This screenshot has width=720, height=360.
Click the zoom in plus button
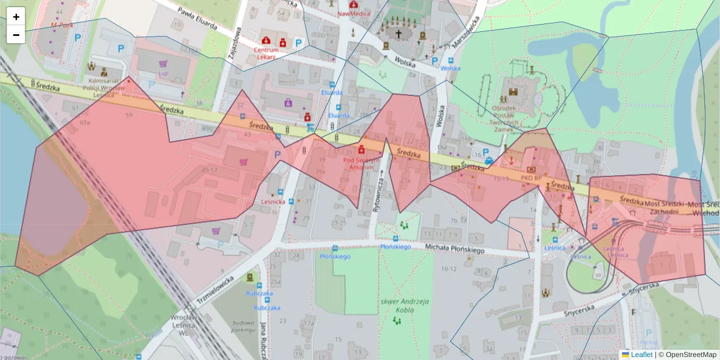pos(16,17)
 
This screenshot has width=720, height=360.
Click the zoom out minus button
pos(16,35)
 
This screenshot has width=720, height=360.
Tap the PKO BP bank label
pos(532,178)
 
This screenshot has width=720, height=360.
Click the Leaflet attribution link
pos(641,355)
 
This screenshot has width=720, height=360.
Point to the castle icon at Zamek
pos(513,92)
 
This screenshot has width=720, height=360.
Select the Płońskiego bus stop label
pos(335,256)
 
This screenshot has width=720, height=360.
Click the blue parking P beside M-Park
pos(77,37)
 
